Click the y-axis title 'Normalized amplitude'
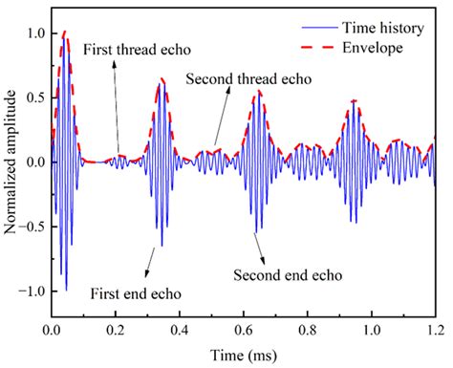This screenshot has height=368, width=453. pyautogui.click(x=11, y=162)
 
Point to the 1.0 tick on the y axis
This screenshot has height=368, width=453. pyautogui.click(x=34, y=33)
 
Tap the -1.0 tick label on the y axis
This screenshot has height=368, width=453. pyautogui.click(x=32, y=291)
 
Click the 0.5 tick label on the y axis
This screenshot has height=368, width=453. pyautogui.click(x=34, y=97)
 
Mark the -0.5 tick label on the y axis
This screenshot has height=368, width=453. pyautogui.click(x=32, y=227)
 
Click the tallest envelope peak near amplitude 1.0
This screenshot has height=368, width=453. pyautogui.click(x=64, y=32)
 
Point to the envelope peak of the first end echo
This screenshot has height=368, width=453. pyautogui.click(x=162, y=79)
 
